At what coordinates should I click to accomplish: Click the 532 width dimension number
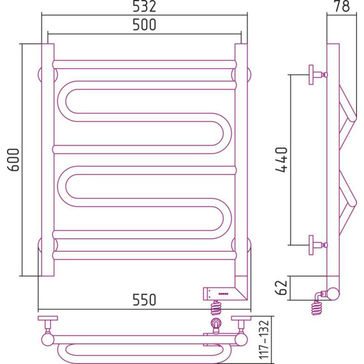pyautogui.click(x=144, y=6)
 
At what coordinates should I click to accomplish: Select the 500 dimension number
pyautogui.click(x=144, y=25)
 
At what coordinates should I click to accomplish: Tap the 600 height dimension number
pyautogui.click(x=13, y=160)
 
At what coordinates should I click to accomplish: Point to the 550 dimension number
pyautogui.click(x=144, y=300)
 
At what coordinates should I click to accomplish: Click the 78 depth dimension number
pyautogui.click(x=342, y=6)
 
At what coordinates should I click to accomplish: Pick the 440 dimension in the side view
pyautogui.click(x=282, y=160)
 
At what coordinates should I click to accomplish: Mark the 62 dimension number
pyautogui.click(x=282, y=287)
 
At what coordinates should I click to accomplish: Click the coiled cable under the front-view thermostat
pyautogui.click(x=216, y=308)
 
